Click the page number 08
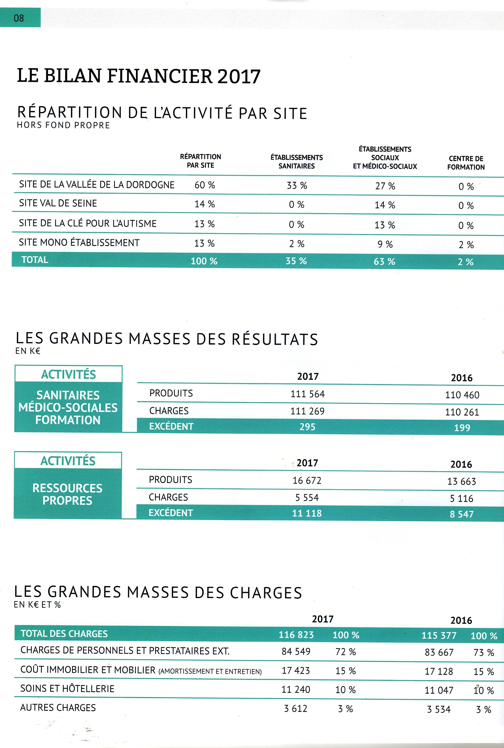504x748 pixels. (x=19, y=18)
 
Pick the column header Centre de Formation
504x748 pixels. (x=466, y=163)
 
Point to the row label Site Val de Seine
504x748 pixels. (x=58, y=203)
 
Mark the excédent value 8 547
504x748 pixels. (x=462, y=514)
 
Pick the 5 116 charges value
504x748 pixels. (x=462, y=498)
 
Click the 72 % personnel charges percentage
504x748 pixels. (x=346, y=652)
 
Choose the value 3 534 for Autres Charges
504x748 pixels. (x=439, y=709)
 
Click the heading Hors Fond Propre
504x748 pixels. (x=63, y=125)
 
